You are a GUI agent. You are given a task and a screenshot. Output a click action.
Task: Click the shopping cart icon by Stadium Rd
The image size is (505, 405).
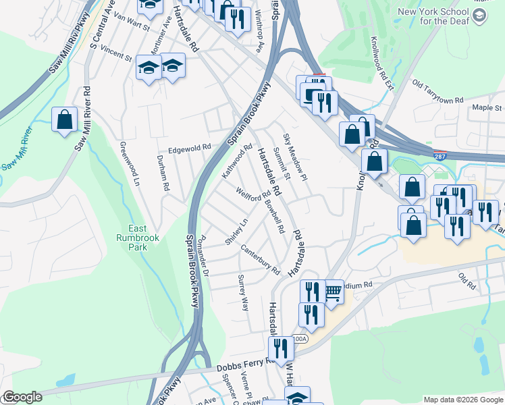tap(333, 291)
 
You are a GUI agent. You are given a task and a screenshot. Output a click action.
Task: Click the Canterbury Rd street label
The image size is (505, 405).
tap(259, 259)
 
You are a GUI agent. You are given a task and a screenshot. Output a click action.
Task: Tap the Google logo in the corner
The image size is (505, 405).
tap(22, 397)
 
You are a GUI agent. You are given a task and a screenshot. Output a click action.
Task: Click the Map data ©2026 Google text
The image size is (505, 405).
tap(462, 399)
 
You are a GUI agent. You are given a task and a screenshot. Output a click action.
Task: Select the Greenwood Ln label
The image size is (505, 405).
tap(129, 164)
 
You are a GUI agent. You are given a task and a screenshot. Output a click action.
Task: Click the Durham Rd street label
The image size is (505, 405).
tap(162, 171)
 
